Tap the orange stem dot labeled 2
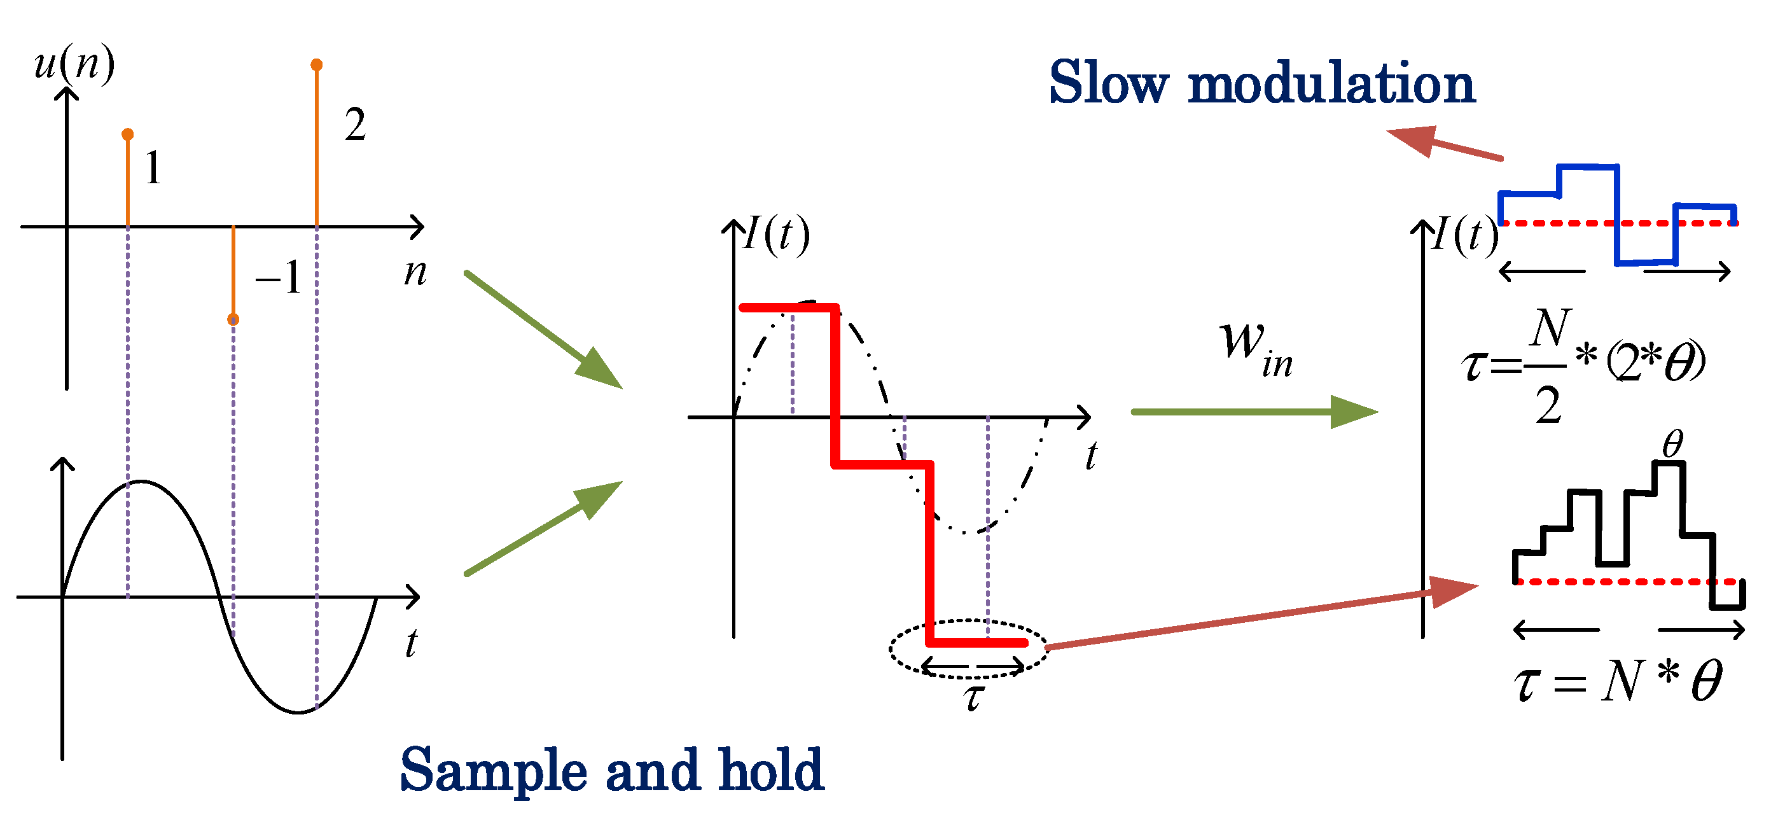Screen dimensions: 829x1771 click(316, 65)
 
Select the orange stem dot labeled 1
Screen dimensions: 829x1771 click(127, 134)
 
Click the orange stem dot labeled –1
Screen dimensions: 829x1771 click(233, 319)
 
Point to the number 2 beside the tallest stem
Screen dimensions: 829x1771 click(355, 125)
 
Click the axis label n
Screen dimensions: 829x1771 click(415, 273)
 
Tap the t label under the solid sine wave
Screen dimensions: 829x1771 click(411, 643)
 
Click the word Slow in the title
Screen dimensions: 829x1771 click(1108, 83)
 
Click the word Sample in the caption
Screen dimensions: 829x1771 click(493, 770)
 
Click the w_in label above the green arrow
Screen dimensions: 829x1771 click(1254, 347)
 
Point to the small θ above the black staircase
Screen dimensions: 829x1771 click(1672, 444)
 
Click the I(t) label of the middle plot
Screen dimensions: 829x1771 click(777, 235)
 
